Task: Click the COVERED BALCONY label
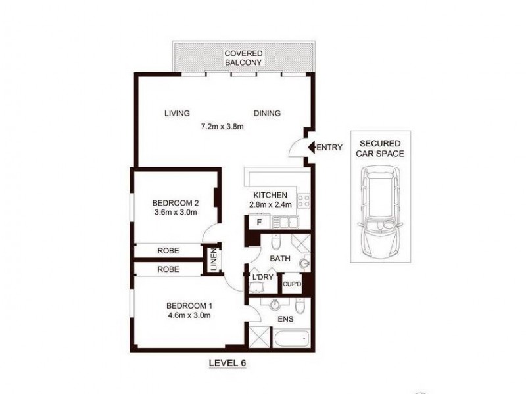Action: [243, 58]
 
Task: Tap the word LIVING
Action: [177, 113]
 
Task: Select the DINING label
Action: [267, 113]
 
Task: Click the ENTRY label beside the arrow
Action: [329, 147]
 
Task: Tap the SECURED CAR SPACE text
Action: [381, 148]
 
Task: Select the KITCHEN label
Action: [270, 195]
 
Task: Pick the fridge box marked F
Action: [259, 223]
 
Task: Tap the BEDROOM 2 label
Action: [175, 202]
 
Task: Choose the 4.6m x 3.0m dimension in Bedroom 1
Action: [189, 315]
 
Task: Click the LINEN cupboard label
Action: [213, 259]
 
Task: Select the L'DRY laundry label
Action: [262, 276]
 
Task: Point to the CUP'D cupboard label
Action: [291, 284]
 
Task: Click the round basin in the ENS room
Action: [275, 304]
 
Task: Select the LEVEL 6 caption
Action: [227, 362]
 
